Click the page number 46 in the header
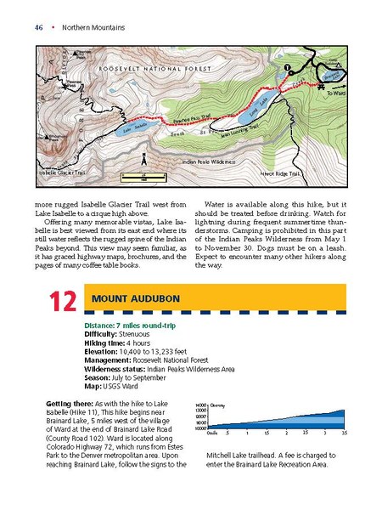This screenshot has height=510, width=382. [x=39, y=27]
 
